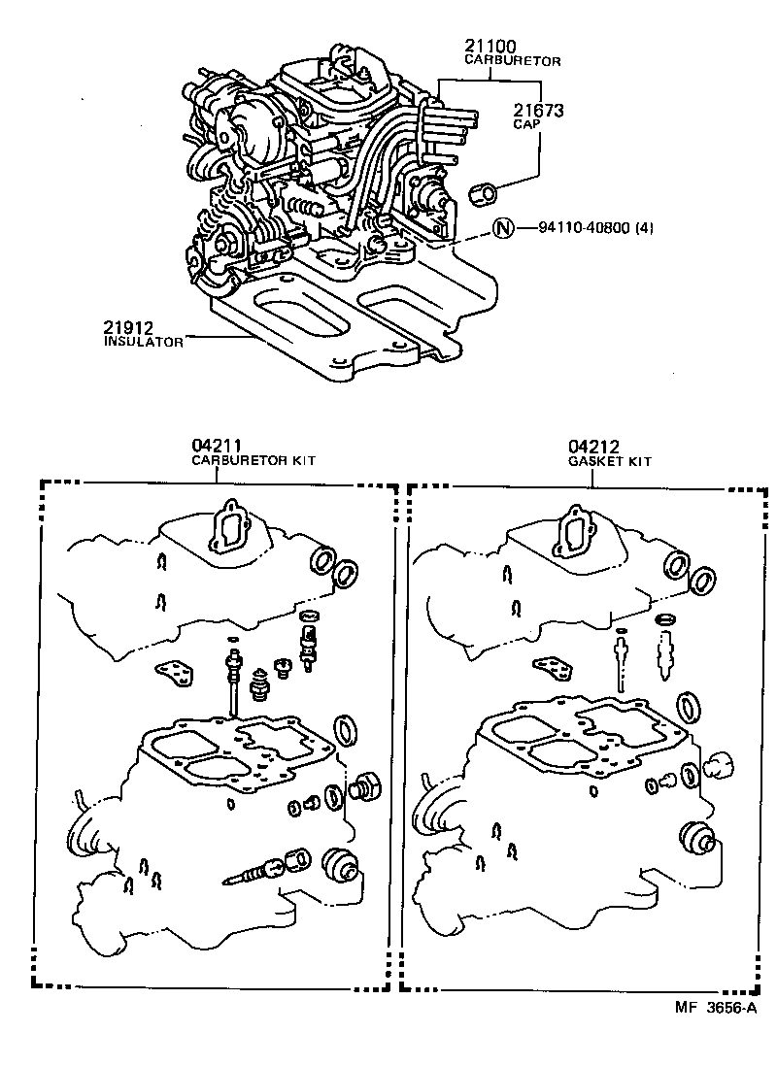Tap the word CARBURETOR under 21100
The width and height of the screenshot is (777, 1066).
coord(512,60)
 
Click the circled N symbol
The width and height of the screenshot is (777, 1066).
coord(501,229)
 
